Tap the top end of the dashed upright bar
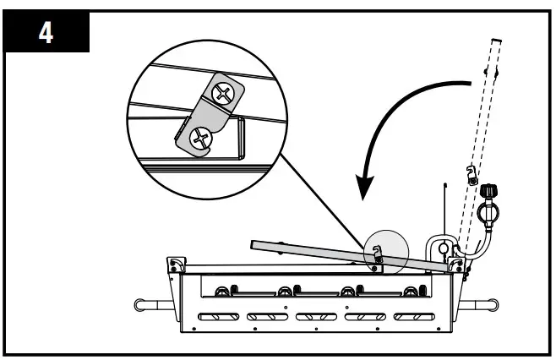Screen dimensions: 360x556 coord(496,41)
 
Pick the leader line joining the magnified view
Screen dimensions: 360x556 coord(325,203)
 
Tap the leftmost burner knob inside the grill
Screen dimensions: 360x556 coord(223,292)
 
